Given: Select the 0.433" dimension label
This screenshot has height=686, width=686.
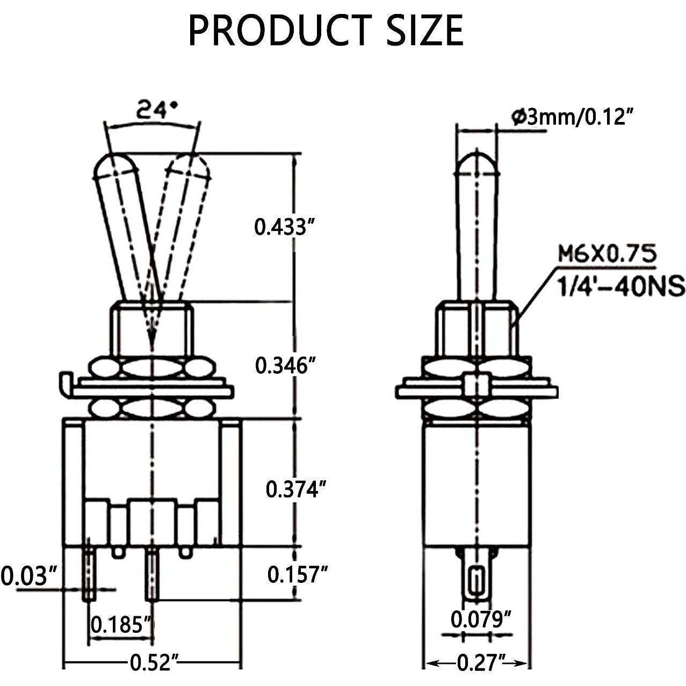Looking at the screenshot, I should pos(284,227).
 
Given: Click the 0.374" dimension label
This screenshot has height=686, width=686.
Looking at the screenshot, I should pos(296,489).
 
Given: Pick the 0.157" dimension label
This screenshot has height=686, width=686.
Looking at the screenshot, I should pos(297,575).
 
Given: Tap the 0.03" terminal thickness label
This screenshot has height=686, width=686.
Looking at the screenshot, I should pos(29,576).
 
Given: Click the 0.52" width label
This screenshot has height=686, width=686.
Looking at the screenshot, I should pos(154,663).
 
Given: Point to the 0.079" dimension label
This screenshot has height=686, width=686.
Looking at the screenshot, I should pos(480,619).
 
